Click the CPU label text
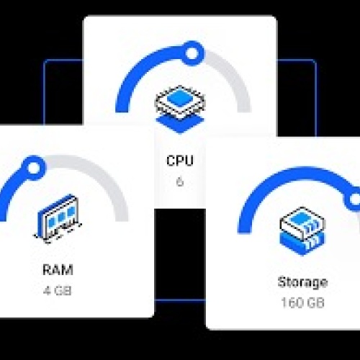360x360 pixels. [180, 161]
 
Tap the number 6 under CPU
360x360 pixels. [180, 181]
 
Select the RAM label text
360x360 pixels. [58, 270]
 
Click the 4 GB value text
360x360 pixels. [58, 291]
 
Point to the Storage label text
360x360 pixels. [302, 282]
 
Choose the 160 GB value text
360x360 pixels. [302, 302]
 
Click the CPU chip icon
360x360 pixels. [180, 109]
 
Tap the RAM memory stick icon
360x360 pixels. [58, 219]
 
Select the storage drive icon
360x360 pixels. [302, 231]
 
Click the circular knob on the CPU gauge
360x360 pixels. [192, 53]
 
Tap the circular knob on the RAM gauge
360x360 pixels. [34, 168]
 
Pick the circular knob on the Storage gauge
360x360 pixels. [354, 199]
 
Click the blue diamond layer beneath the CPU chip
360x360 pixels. [180, 123]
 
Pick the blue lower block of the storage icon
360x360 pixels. [302, 243]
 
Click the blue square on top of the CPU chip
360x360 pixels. [180, 97]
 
